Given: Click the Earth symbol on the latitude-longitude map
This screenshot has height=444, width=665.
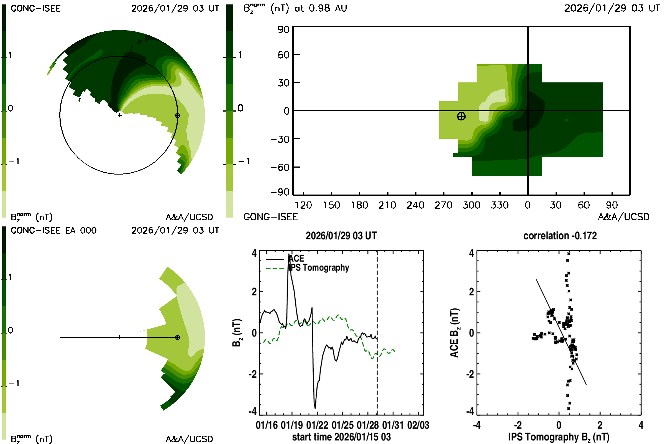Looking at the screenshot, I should coord(461,116).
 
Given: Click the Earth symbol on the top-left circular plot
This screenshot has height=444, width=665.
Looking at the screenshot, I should coord(178,115).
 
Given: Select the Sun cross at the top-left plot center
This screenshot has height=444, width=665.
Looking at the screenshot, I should coord(120,115).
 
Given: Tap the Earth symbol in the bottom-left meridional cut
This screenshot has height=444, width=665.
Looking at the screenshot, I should coord(178,337).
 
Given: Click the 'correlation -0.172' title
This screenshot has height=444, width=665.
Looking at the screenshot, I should coord(560,236).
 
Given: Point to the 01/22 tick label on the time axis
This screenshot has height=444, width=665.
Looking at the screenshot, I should coord(317,425).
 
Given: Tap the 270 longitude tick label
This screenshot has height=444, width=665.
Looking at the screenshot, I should coord(443,205).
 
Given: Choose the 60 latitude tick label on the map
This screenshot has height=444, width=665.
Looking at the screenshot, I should coord(283,55).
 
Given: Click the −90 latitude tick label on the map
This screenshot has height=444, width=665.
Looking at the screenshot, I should coord(280,192).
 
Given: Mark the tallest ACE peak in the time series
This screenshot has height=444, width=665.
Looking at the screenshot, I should coord(289,254).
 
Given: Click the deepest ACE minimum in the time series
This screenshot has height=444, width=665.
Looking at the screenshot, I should coord(315,408).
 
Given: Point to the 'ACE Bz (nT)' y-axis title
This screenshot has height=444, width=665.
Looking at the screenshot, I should coord(454,333).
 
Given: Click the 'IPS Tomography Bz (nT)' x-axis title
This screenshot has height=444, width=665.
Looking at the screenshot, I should coord(558,437).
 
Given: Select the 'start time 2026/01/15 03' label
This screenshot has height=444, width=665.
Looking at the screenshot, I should coord(341,437).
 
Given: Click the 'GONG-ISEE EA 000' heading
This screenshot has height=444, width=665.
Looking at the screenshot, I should coord(53,231).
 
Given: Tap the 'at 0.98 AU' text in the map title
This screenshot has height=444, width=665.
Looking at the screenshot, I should coord(321,8).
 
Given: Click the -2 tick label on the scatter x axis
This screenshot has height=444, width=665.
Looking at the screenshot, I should coord(517,425).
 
